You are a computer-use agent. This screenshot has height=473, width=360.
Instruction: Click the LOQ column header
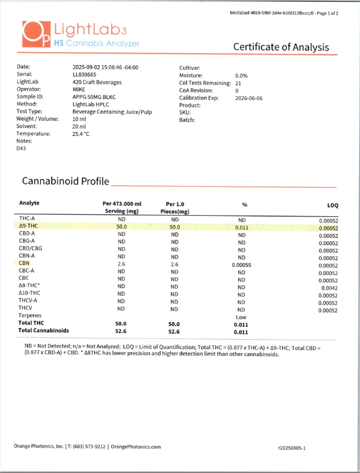(x=332, y=205)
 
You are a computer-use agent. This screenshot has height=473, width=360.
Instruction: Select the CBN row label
(x=24, y=263)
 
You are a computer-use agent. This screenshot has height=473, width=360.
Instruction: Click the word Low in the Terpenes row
(x=241, y=317)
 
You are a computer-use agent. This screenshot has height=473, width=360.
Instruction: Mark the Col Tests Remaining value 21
(x=238, y=84)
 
